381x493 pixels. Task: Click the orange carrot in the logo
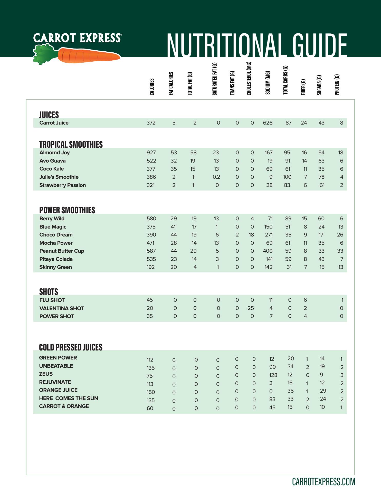89,55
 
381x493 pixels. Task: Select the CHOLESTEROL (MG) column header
249,79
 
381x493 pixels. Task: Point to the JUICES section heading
49,115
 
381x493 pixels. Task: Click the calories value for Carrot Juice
151,123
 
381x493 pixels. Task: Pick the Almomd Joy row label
54,153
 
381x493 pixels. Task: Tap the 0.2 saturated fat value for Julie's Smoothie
216,177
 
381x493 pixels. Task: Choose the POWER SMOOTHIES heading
67,210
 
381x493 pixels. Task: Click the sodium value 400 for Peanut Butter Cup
268,251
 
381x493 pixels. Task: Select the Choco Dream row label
56,235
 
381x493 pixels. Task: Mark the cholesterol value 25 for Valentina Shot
251,308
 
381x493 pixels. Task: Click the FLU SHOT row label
52,300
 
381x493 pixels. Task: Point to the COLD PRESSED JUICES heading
71,347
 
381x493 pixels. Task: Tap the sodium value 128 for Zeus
273,375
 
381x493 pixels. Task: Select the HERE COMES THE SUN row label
69,398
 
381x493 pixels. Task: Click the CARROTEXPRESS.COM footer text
323,482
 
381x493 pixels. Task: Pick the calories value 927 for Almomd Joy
151,153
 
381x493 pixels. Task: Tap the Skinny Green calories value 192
151,267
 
